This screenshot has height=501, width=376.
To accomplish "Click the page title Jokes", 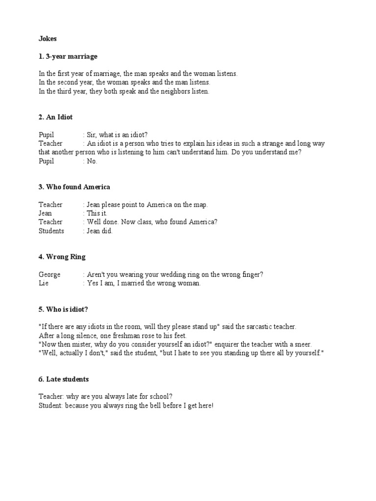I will coord(48,38).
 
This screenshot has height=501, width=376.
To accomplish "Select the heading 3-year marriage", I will coord(71,56).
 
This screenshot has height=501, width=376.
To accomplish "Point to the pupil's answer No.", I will coord(92,161).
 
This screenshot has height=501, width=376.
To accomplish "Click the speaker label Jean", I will coord(45,213).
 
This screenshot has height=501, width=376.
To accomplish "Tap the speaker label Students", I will coord(51,231).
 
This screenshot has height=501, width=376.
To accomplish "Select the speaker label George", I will coord(49,274).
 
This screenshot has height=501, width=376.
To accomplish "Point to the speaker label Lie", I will coord(44,283).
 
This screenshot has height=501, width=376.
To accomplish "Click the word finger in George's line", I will coord(252,274).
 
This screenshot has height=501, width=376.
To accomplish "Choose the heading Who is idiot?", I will coord(67,309).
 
